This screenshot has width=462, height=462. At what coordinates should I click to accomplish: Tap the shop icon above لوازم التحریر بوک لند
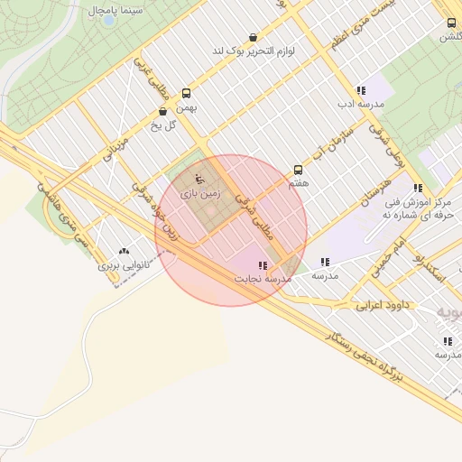coord(252,38)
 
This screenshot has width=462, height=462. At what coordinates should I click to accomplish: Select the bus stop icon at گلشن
coord(450,23)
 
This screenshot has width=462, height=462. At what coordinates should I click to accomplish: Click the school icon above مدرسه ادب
coord(361,90)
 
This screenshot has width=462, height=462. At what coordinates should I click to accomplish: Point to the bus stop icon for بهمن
coord(187,93)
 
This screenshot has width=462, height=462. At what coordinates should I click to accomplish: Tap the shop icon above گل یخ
coord(162,112)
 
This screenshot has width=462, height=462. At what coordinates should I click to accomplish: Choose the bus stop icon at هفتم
coord(298,170)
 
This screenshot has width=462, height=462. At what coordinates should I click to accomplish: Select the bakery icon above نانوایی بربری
coord(124,253)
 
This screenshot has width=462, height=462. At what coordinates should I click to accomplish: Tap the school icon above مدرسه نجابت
coord(263,265)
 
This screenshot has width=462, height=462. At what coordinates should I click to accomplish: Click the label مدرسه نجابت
coord(263,280)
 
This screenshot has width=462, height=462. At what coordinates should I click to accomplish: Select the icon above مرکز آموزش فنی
coord(417,188)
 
